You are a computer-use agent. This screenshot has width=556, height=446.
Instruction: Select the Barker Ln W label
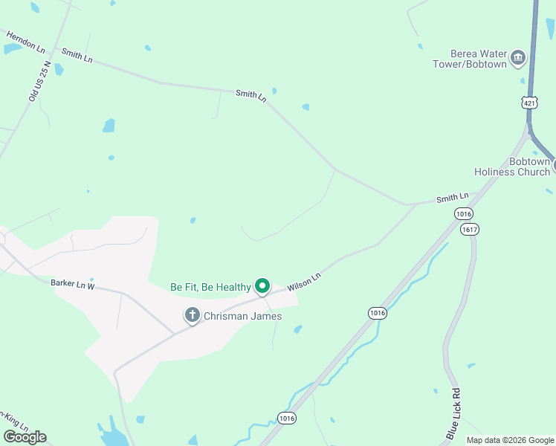coord(73,284)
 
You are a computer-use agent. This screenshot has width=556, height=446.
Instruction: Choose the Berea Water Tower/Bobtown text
coord(470,59)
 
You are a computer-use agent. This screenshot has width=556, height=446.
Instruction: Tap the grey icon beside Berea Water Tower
coord(518,57)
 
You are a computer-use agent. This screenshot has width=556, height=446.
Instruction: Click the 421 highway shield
coord(528,103)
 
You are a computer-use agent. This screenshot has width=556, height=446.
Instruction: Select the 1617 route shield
coord(469,229)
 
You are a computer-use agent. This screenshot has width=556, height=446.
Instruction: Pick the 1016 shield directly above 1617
coord(464,213)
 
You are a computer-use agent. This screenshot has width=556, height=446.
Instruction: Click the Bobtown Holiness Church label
coord(513,167)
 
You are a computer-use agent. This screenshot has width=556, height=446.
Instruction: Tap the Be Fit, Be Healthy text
coord(210,286)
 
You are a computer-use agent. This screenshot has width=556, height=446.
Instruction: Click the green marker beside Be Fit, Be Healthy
coord(262,285)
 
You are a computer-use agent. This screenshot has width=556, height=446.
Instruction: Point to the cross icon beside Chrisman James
coord(192,315)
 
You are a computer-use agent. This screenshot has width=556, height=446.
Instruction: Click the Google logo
coord(25,437)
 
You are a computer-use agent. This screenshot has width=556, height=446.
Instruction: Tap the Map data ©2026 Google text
coord(510,440)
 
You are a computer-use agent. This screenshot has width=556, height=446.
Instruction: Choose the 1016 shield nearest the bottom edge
coord(288,418)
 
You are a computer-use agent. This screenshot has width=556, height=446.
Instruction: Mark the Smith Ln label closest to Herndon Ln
coord(77,54)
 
